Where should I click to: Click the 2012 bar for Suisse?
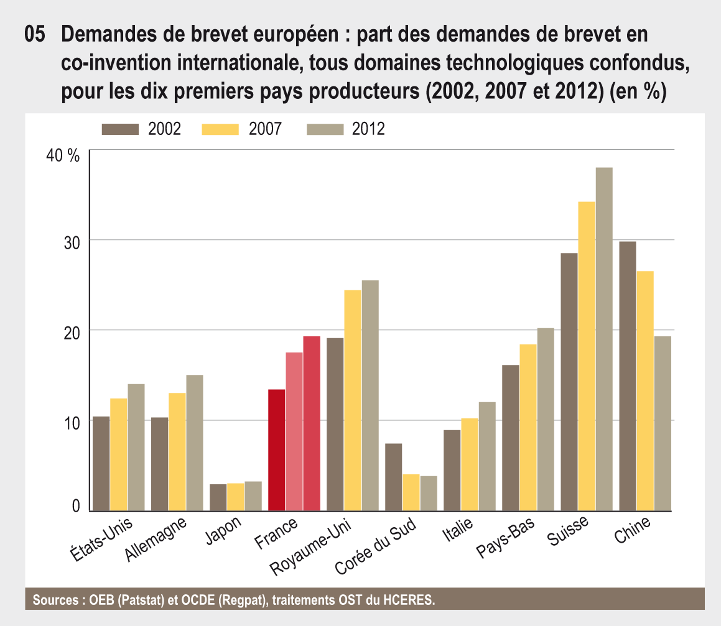click(x=604, y=339)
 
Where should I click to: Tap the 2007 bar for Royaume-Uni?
click(x=353, y=401)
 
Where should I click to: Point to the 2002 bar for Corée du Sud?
click(x=394, y=477)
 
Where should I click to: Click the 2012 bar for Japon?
click(x=253, y=496)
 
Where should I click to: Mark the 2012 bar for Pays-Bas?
click(x=545, y=420)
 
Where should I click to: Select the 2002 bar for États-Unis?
click(x=101, y=464)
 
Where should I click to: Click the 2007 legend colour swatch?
click(x=220, y=129)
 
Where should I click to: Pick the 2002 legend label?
click(x=164, y=129)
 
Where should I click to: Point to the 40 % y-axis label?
click(x=63, y=155)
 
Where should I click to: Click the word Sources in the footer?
click(x=53, y=600)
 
